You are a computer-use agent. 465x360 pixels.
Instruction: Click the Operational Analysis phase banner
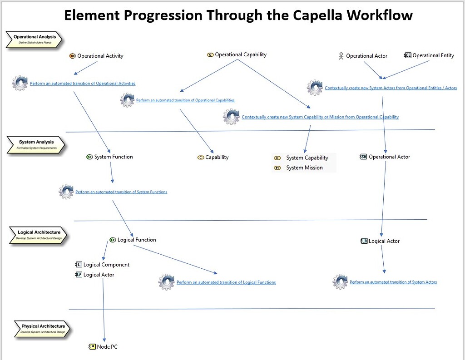(x=35, y=39)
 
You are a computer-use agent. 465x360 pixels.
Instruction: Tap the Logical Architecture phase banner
(x=39, y=235)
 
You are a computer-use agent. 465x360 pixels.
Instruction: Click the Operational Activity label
(x=100, y=56)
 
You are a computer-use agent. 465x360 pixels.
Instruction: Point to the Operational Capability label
(x=240, y=54)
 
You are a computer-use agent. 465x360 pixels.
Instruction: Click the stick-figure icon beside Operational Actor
(x=341, y=56)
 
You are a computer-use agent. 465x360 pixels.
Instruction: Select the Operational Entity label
(x=433, y=55)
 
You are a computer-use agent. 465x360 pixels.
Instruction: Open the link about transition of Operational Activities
(x=83, y=84)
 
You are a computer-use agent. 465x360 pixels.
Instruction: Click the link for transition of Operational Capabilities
(x=185, y=100)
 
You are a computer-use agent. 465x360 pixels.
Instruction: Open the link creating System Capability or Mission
(x=320, y=117)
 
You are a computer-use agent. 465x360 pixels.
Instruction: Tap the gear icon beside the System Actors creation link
(x=315, y=88)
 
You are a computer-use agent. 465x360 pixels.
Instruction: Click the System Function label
(x=114, y=157)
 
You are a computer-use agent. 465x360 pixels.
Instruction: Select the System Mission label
(x=304, y=168)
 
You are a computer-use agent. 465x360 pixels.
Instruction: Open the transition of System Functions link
(x=121, y=192)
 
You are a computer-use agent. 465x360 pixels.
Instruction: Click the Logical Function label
(x=136, y=240)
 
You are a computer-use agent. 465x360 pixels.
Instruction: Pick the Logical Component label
(x=106, y=265)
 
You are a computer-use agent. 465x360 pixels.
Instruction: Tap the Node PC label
(x=107, y=347)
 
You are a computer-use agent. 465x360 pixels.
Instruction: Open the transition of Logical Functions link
(x=226, y=282)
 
